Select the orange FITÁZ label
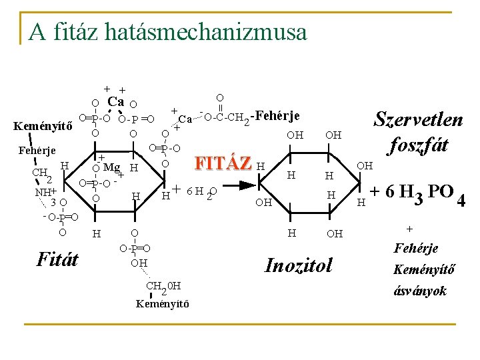[222, 163]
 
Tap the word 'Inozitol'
[298, 265]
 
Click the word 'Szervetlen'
[418, 120]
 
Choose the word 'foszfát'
[419, 144]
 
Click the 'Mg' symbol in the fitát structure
[111, 167]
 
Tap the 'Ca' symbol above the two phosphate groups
[116, 102]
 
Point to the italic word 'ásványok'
[419, 291]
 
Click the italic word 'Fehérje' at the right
[417, 249]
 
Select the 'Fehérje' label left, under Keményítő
[37, 150]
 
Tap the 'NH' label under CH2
[42, 192]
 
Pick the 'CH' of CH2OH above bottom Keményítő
[154, 287]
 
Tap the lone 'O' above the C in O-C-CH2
[220, 98]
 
